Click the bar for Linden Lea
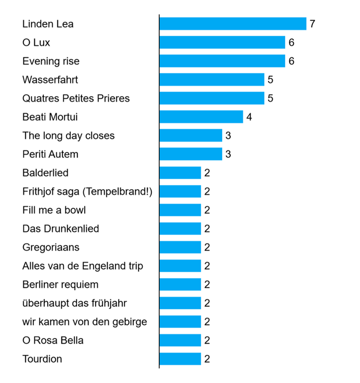(233, 24)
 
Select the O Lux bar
(222, 42)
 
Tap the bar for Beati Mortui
(201, 117)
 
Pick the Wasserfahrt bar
(212, 79)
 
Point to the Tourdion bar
(180, 359)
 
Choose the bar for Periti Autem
(190, 154)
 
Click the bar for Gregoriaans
(180, 247)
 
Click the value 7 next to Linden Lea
(312, 24)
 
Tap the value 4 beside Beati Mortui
(249, 117)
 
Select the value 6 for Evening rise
(291, 61)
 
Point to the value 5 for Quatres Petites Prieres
(270, 98)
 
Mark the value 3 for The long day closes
(228, 135)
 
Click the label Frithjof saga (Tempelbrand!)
(87, 191)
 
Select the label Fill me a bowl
(54, 210)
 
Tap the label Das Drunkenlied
(61, 229)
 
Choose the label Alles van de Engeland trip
(83, 266)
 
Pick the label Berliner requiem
(61, 285)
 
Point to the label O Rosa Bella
(53, 340)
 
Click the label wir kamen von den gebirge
(84, 322)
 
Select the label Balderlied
(45, 173)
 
